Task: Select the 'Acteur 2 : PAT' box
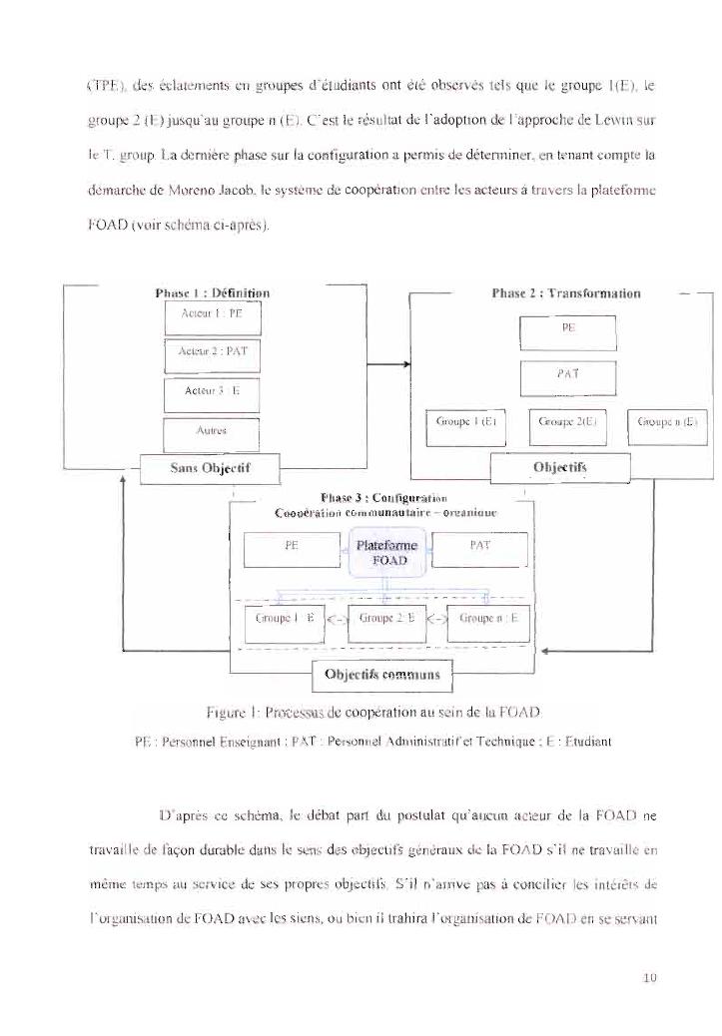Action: pos(211,352)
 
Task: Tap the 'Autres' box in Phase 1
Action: pos(211,433)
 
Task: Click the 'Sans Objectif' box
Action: pos(209,467)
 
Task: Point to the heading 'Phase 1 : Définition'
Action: pos(213,293)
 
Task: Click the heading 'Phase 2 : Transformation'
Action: pos(566,293)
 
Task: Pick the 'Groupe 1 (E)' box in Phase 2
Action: pos(467,422)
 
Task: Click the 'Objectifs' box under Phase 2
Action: pos(559,466)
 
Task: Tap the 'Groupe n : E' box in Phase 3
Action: pos(486,619)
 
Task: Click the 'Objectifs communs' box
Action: pos(383,675)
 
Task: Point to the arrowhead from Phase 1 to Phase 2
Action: pos(406,365)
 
